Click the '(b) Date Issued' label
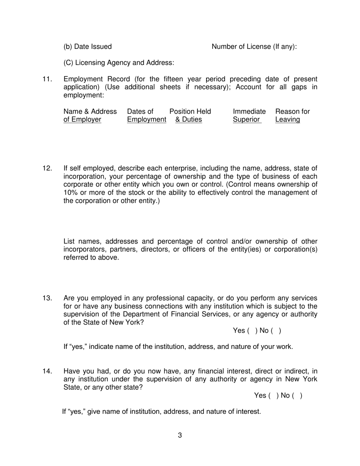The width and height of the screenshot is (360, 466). point(88,47)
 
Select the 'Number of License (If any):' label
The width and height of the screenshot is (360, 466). point(254,47)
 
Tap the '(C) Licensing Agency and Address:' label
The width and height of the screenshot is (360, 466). point(119,63)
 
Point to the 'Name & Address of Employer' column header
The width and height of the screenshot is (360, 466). point(90,116)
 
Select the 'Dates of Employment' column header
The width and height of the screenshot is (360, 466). point(146,116)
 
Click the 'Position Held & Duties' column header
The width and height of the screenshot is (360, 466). point(190,116)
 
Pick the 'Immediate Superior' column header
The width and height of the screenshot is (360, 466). point(249,116)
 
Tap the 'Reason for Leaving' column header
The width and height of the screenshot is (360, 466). point(292,116)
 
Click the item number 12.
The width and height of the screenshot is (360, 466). point(47,168)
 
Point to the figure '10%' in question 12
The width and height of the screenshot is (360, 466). point(70,192)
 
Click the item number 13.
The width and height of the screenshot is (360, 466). point(47,298)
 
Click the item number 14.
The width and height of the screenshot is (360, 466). point(47,371)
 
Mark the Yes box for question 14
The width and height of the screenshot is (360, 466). point(273,396)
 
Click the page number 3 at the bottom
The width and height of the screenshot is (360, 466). point(180,435)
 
